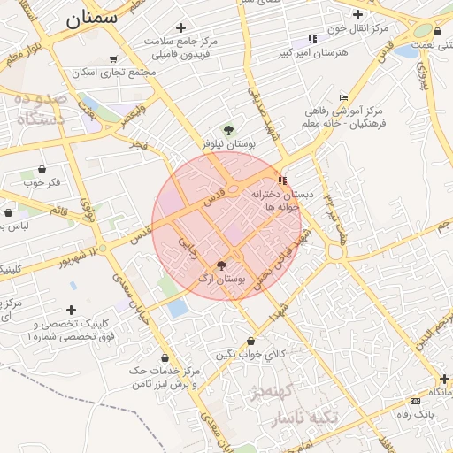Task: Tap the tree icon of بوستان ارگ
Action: (x=221, y=265)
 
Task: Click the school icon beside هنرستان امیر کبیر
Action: (x=311, y=39)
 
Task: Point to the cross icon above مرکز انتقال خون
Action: (x=357, y=14)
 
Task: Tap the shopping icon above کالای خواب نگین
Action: (x=251, y=341)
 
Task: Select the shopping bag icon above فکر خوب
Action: (x=42, y=169)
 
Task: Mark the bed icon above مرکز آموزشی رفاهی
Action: (x=343, y=97)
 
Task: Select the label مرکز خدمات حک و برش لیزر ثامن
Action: (x=168, y=378)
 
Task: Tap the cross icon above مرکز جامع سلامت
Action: (x=180, y=27)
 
